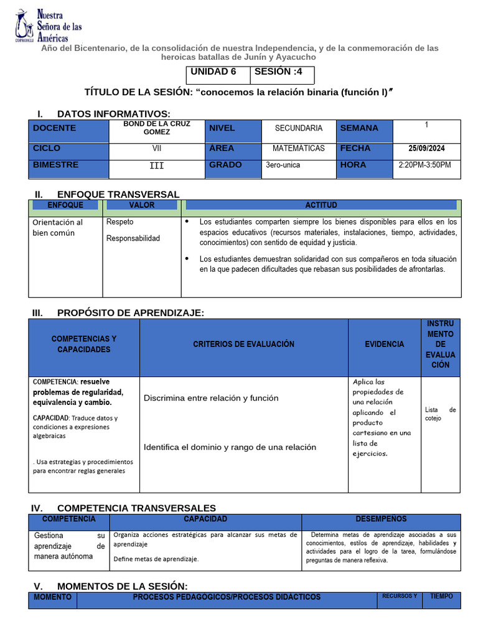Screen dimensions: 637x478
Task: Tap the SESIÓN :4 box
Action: [x=282, y=72]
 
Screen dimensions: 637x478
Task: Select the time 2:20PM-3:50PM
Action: [x=424, y=165]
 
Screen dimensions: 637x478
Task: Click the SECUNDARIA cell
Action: [x=299, y=128]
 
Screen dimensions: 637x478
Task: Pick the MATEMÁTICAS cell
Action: [x=299, y=149]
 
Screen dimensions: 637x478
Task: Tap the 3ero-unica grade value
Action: [x=283, y=165]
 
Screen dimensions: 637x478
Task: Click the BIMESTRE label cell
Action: [x=56, y=165]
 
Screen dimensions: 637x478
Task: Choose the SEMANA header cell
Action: [x=359, y=128]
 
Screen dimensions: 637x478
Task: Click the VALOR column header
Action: [x=142, y=205]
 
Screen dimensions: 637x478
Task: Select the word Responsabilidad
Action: [x=133, y=238]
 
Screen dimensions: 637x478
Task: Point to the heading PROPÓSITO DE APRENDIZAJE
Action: [x=130, y=312]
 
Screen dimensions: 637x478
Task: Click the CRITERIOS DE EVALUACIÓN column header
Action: [x=243, y=344]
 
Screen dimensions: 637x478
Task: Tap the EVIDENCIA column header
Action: [x=384, y=344]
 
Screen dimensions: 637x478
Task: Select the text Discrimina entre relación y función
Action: [x=211, y=398]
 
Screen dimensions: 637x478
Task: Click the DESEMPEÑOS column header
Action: [x=381, y=519]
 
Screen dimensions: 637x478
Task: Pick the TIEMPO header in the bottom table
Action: [x=441, y=597]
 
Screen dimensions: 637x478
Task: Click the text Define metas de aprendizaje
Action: [x=156, y=559]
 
